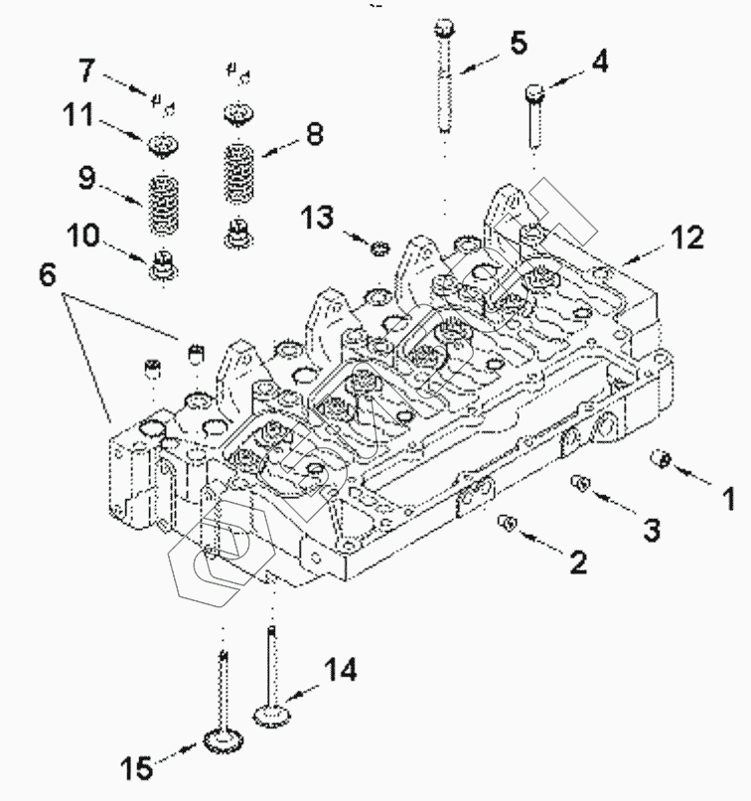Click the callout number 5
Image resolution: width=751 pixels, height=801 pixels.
pos(519,43)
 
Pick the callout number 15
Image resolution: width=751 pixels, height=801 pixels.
pos(139,767)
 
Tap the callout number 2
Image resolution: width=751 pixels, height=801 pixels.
pos(576,562)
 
